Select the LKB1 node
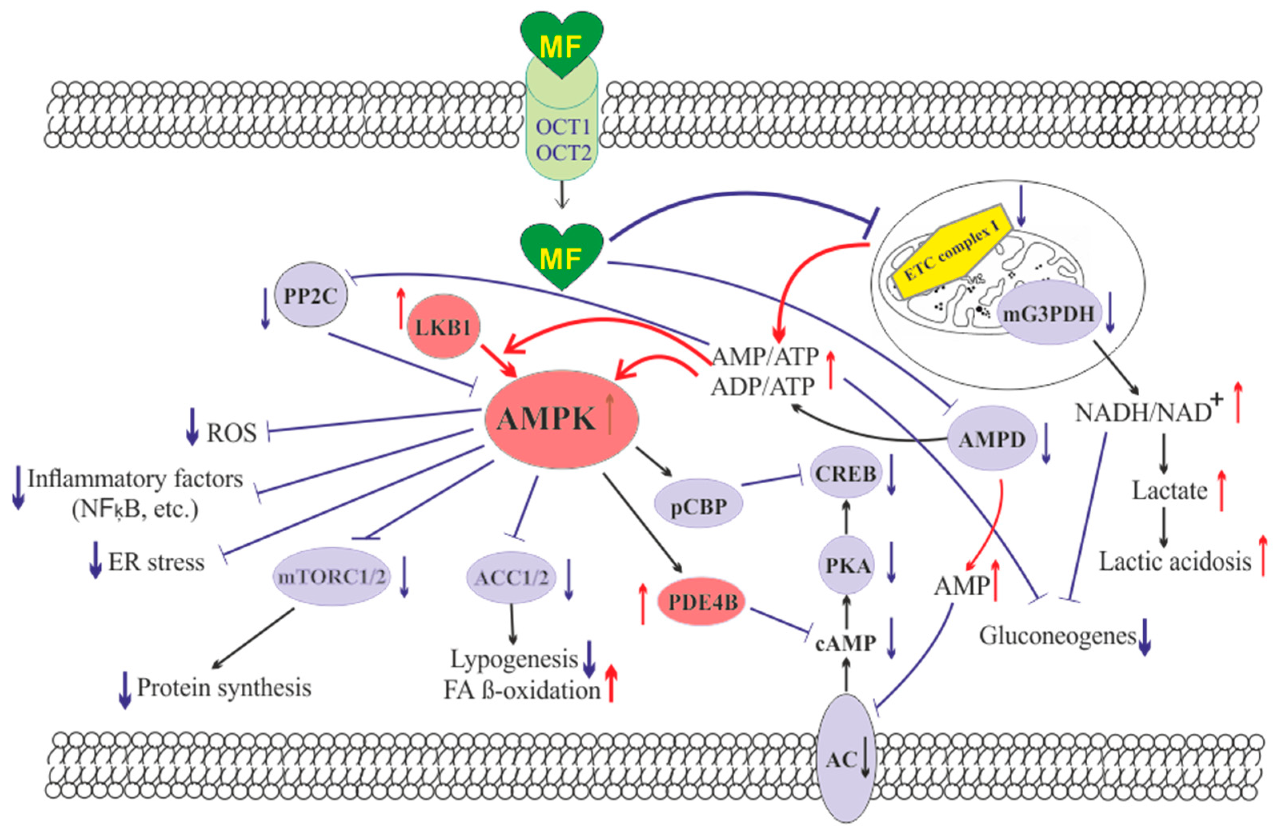(x=443, y=327)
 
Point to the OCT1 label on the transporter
(x=563, y=128)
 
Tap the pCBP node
(x=699, y=506)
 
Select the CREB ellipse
(x=845, y=473)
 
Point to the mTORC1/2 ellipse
(x=331, y=577)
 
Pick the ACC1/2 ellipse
(x=511, y=577)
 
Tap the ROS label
(x=232, y=433)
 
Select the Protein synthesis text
(x=224, y=687)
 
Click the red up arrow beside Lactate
(x=1221, y=490)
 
